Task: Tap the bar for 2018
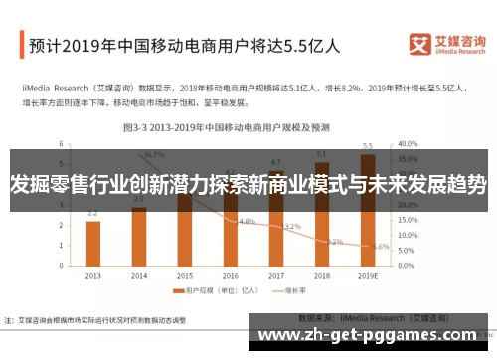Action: coord(322,214)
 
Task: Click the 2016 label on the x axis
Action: coord(231,276)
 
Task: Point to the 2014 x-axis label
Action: coord(138,276)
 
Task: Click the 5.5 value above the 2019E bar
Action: coord(368,146)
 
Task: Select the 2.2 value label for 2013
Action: coord(92,214)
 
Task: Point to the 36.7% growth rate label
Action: coord(153,155)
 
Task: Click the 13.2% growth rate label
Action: coord(291,227)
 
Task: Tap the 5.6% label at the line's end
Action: coord(381,246)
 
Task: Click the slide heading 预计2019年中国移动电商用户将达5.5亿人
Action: coord(184,45)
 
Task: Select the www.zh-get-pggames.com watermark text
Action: coord(374,335)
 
